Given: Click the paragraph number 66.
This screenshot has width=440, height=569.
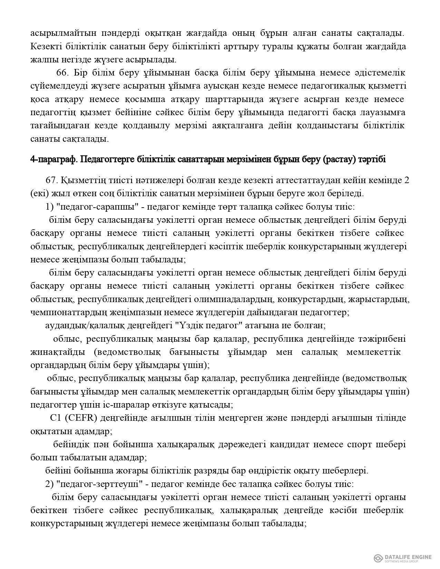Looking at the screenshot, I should point(62,73).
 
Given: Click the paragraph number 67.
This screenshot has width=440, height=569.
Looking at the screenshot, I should point(52,180).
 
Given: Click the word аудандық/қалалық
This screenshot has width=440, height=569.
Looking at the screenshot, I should point(82,326).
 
